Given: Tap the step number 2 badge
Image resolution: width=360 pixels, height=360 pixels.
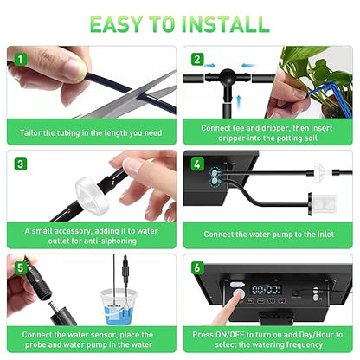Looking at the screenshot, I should point(197,59).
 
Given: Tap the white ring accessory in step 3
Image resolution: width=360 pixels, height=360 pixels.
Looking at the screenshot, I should point(94,186).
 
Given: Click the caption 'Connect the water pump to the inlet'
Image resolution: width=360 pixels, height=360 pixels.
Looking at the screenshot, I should point(270,234).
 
